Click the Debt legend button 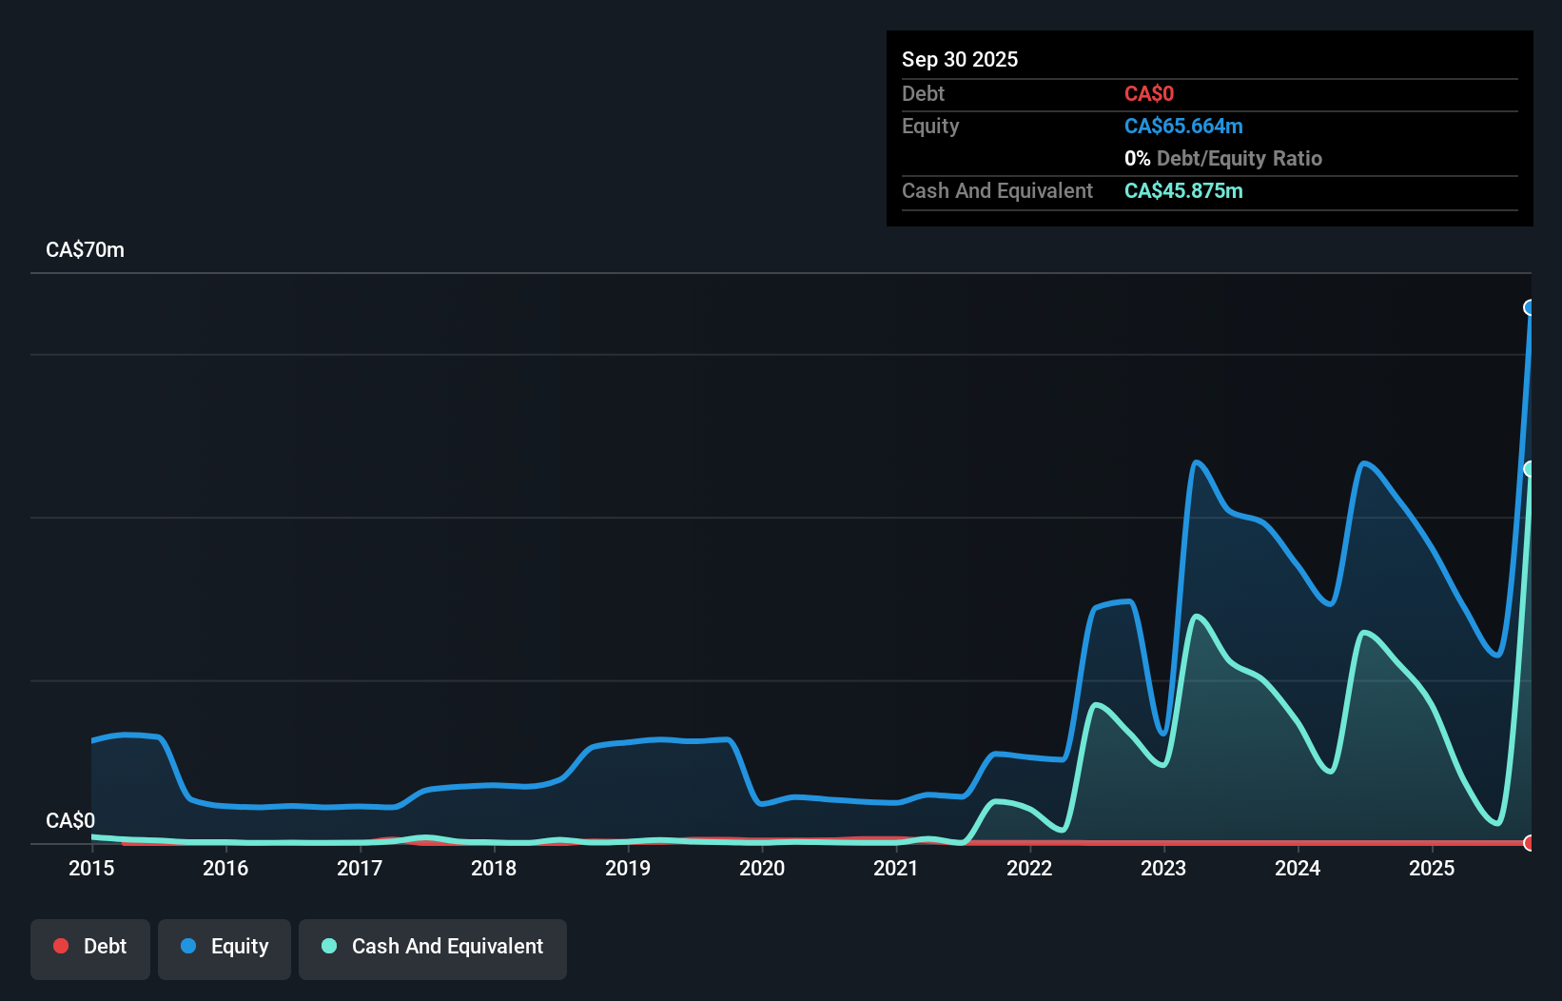point(90,947)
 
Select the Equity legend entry point(225,947)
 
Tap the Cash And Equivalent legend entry point(433,947)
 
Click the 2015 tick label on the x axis point(91,868)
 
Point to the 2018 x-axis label point(494,868)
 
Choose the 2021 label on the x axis point(896,868)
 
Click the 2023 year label point(1163,868)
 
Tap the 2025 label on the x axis point(1432,868)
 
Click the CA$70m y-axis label point(85,250)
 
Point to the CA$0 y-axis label point(70,820)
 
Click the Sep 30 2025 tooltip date point(960,59)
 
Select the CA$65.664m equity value point(1183,127)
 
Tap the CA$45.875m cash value point(1183,191)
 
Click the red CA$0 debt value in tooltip point(1149,94)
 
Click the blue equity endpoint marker point(1530,307)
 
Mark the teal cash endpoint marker point(1530,469)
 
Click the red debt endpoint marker point(1530,843)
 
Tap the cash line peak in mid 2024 point(1365,633)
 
